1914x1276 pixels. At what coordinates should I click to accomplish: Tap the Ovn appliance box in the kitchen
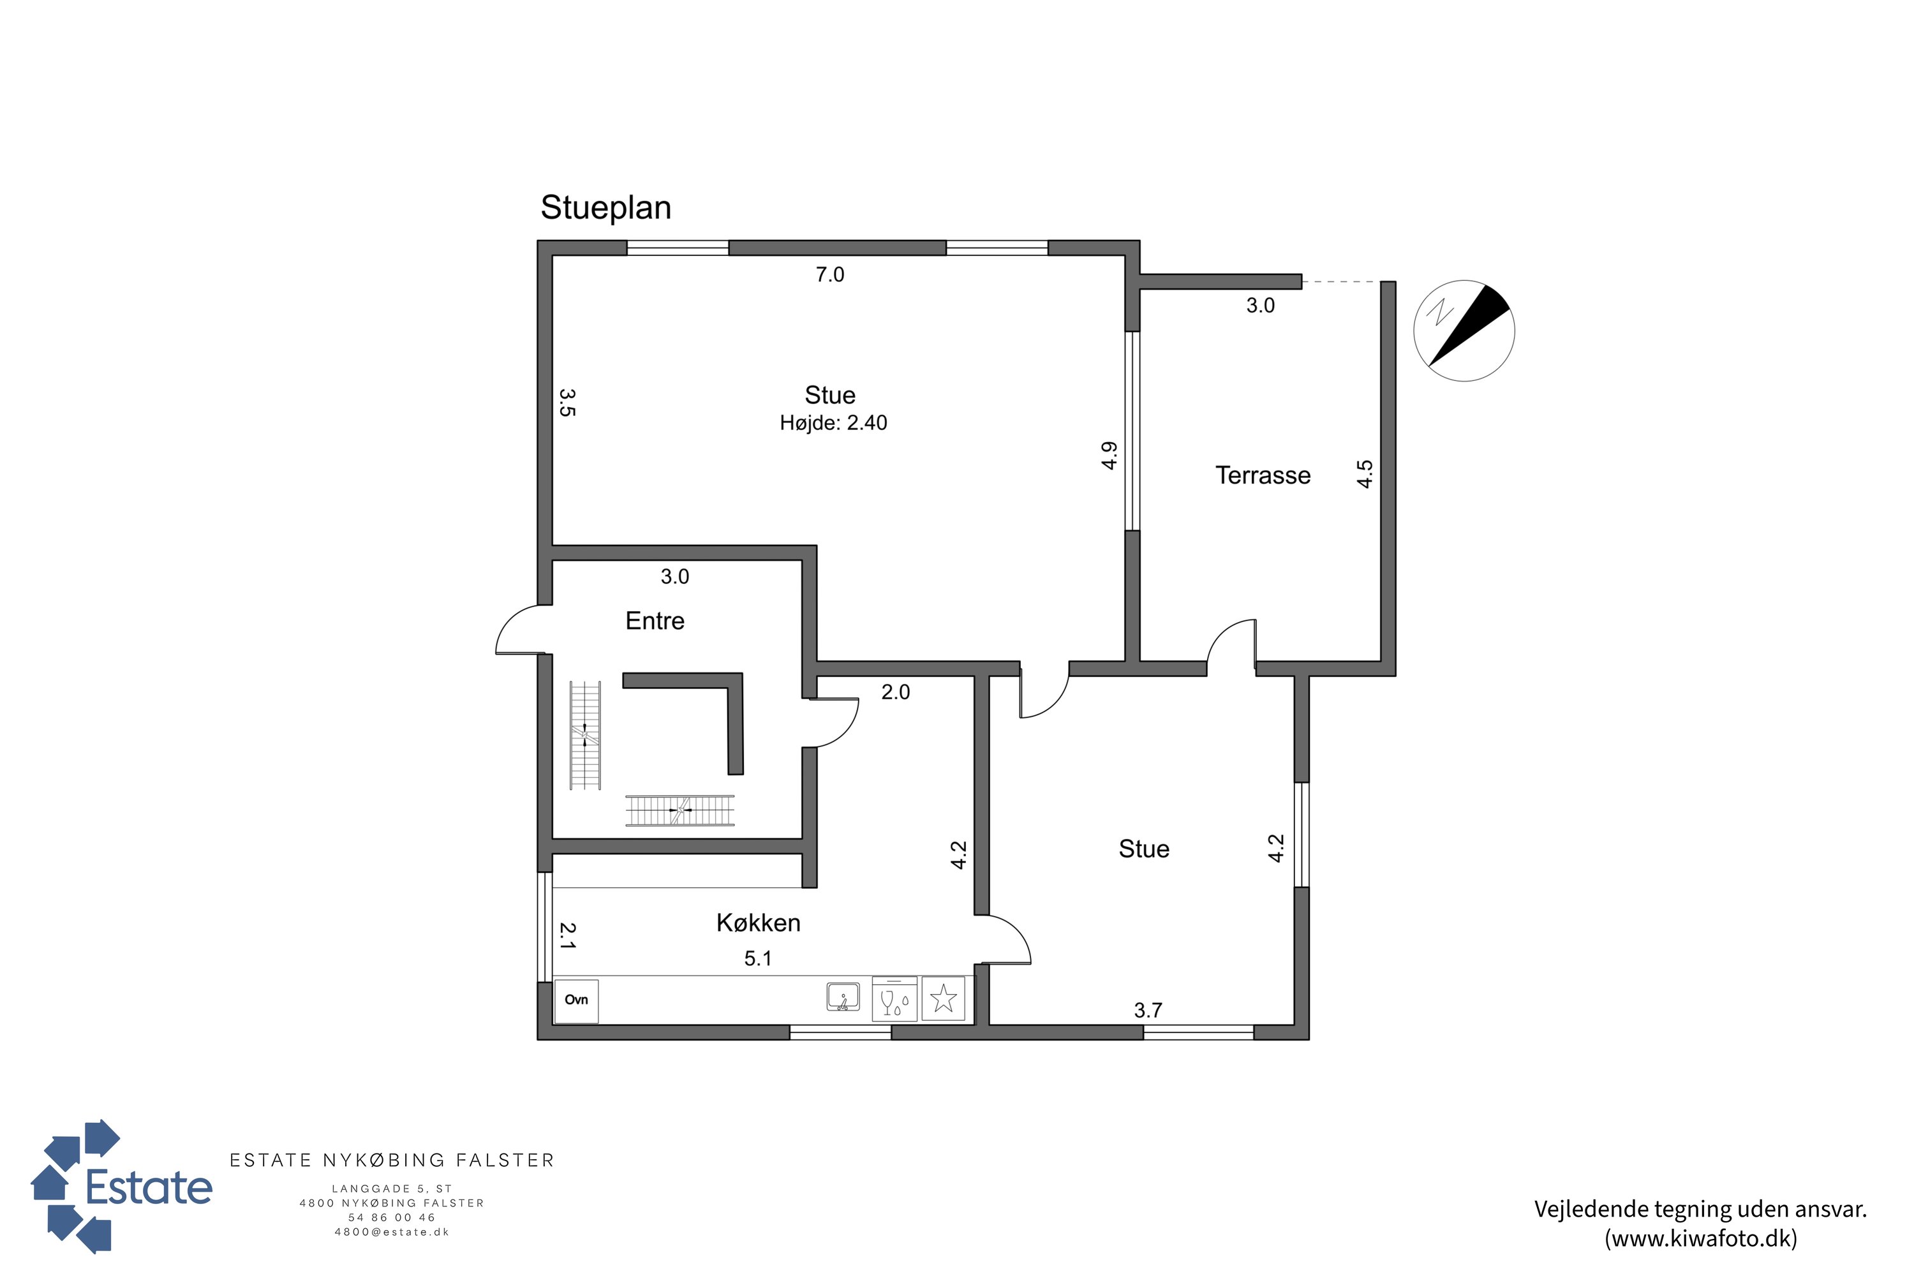pos(576,1000)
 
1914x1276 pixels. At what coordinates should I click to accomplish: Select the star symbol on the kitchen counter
pos(943,998)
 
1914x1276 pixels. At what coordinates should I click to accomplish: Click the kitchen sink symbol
pos(843,997)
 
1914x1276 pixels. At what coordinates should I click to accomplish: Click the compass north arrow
pos(1469,325)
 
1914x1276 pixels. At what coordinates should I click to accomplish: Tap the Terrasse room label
pos(1263,475)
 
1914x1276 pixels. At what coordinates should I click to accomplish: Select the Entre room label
pos(655,621)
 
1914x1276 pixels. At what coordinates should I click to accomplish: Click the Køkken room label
pos(759,923)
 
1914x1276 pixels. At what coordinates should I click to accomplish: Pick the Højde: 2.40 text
pos(833,423)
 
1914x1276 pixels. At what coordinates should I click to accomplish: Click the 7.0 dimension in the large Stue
pos(830,275)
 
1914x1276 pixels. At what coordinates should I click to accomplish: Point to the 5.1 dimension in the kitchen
pos(758,959)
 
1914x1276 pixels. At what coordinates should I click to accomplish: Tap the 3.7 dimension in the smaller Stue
pos(1148,1011)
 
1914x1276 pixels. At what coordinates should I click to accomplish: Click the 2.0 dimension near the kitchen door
pos(895,692)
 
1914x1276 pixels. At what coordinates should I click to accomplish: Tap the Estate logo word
pos(149,1187)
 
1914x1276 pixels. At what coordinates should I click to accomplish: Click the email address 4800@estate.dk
pos(392,1232)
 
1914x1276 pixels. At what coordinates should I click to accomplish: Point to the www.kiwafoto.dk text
pos(1701,1238)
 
